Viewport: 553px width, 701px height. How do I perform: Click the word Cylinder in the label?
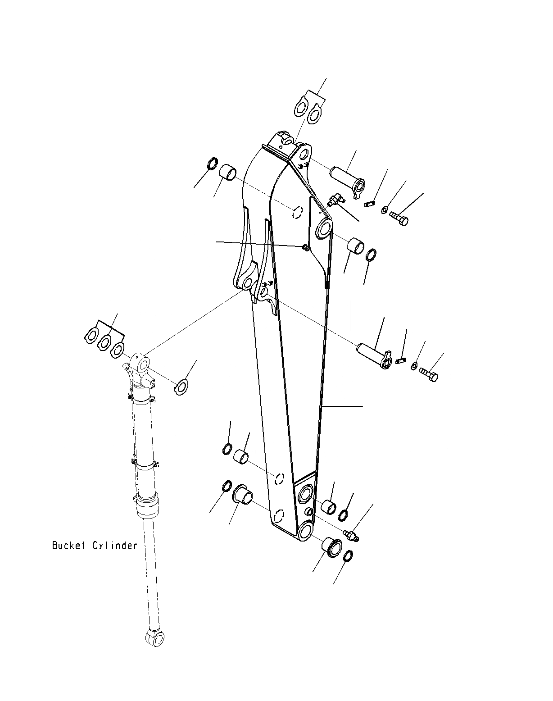point(115,546)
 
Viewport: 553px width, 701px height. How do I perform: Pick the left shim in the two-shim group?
point(301,109)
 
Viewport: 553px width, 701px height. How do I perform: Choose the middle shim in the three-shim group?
point(104,342)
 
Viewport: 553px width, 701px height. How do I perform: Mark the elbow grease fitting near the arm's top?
point(335,200)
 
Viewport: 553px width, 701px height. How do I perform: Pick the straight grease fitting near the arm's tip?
point(351,535)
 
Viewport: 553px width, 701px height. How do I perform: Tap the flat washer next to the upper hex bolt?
point(384,209)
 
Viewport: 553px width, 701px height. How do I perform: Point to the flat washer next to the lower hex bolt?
point(413,365)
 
